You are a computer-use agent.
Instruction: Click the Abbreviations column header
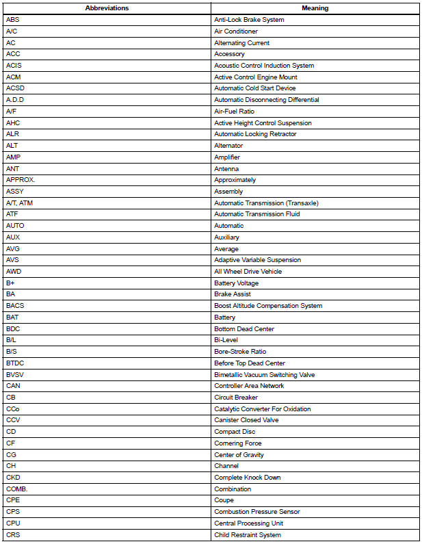point(107,8)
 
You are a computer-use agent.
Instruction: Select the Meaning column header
point(315,8)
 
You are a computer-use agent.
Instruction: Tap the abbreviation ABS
point(13,20)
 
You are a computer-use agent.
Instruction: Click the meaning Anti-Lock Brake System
point(249,20)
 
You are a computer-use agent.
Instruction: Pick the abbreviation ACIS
point(14,66)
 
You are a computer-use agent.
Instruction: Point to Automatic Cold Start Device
point(255,88)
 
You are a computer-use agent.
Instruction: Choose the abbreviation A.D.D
point(15,100)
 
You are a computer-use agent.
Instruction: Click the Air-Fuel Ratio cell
point(234,112)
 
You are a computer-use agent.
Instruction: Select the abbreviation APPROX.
point(21,180)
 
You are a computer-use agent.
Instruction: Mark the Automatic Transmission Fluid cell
point(256,214)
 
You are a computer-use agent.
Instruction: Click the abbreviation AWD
point(14,272)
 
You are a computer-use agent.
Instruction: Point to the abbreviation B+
point(10,283)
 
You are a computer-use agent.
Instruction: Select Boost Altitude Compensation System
point(268,306)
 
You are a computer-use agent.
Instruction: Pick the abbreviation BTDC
point(15,363)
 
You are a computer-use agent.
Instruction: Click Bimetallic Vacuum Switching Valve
point(265,375)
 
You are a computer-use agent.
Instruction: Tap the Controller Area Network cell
point(249,386)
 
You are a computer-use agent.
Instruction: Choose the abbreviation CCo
point(13,409)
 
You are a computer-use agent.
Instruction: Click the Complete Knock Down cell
point(248,478)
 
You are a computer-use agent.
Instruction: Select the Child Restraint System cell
point(248,535)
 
